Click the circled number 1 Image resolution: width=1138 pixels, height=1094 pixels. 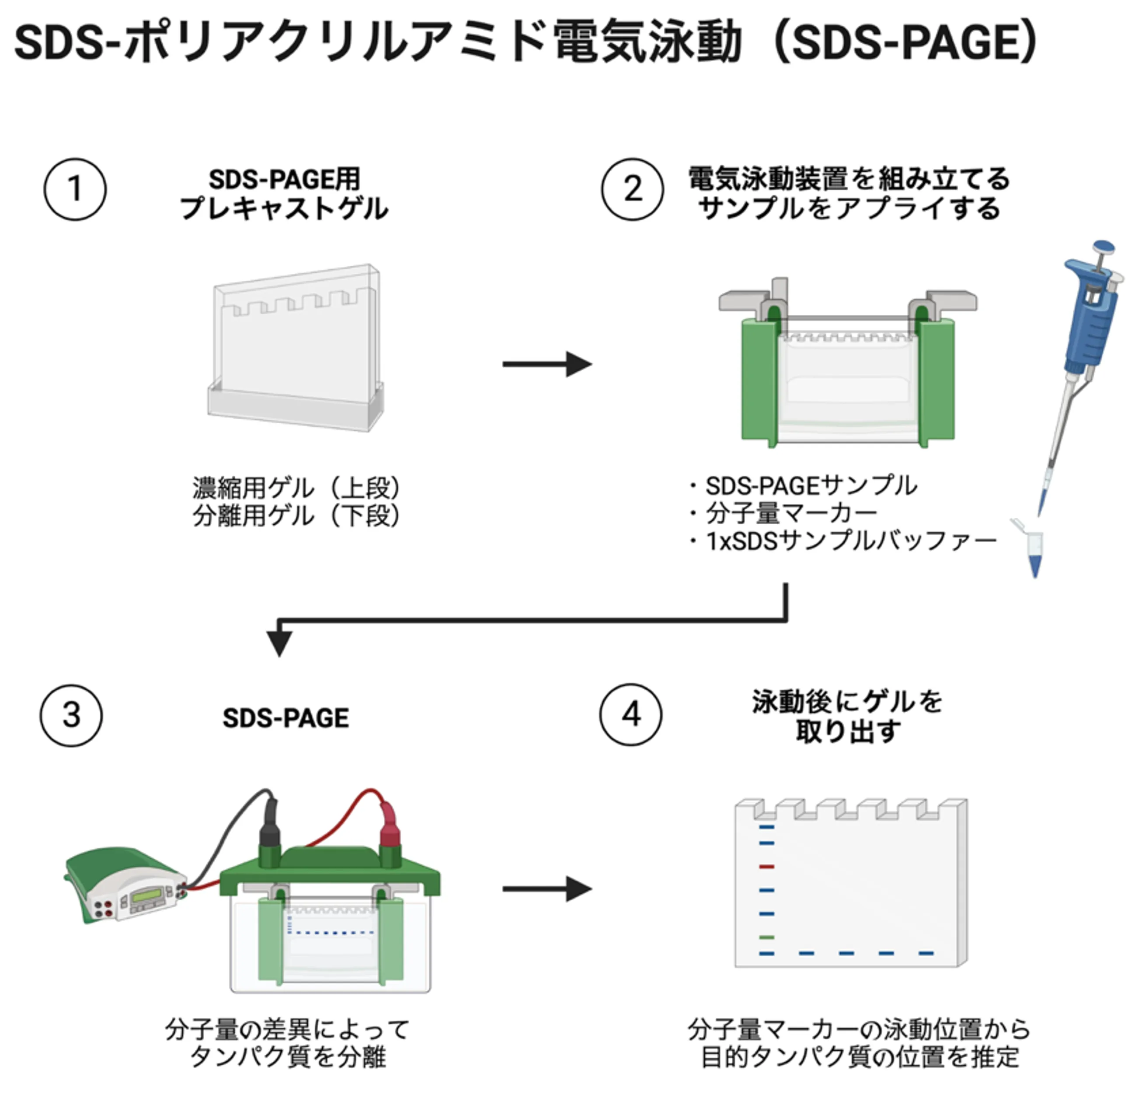[75, 189]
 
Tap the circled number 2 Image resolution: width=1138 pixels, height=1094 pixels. [632, 189]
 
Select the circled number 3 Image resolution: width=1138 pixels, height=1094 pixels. [71, 715]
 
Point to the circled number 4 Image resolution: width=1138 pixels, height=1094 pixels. [630, 714]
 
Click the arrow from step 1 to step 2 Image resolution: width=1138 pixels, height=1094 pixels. [547, 365]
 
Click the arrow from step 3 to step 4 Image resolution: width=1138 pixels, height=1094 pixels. [547, 889]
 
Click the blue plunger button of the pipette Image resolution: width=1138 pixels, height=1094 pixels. [1103, 248]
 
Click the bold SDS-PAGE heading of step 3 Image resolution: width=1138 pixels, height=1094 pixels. [285, 718]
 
